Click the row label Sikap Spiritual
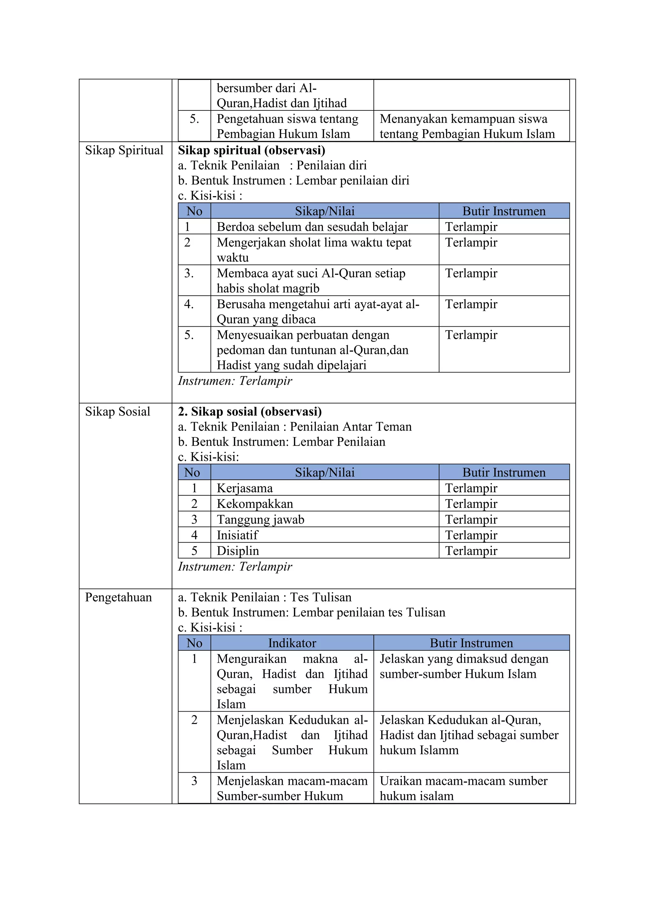(124, 150)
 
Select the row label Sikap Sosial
(117, 412)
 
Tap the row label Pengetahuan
(118, 597)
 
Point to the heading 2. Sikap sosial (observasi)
(250, 412)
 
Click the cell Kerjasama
(244, 488)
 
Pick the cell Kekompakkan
(255, 504)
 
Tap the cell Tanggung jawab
(260, 519)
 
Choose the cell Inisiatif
(237, 535)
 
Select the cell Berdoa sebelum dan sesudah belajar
(312, 227)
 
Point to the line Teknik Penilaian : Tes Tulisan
(265, 597)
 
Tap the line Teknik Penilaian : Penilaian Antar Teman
(295, 427)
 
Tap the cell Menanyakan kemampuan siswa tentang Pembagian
(467, 126)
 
